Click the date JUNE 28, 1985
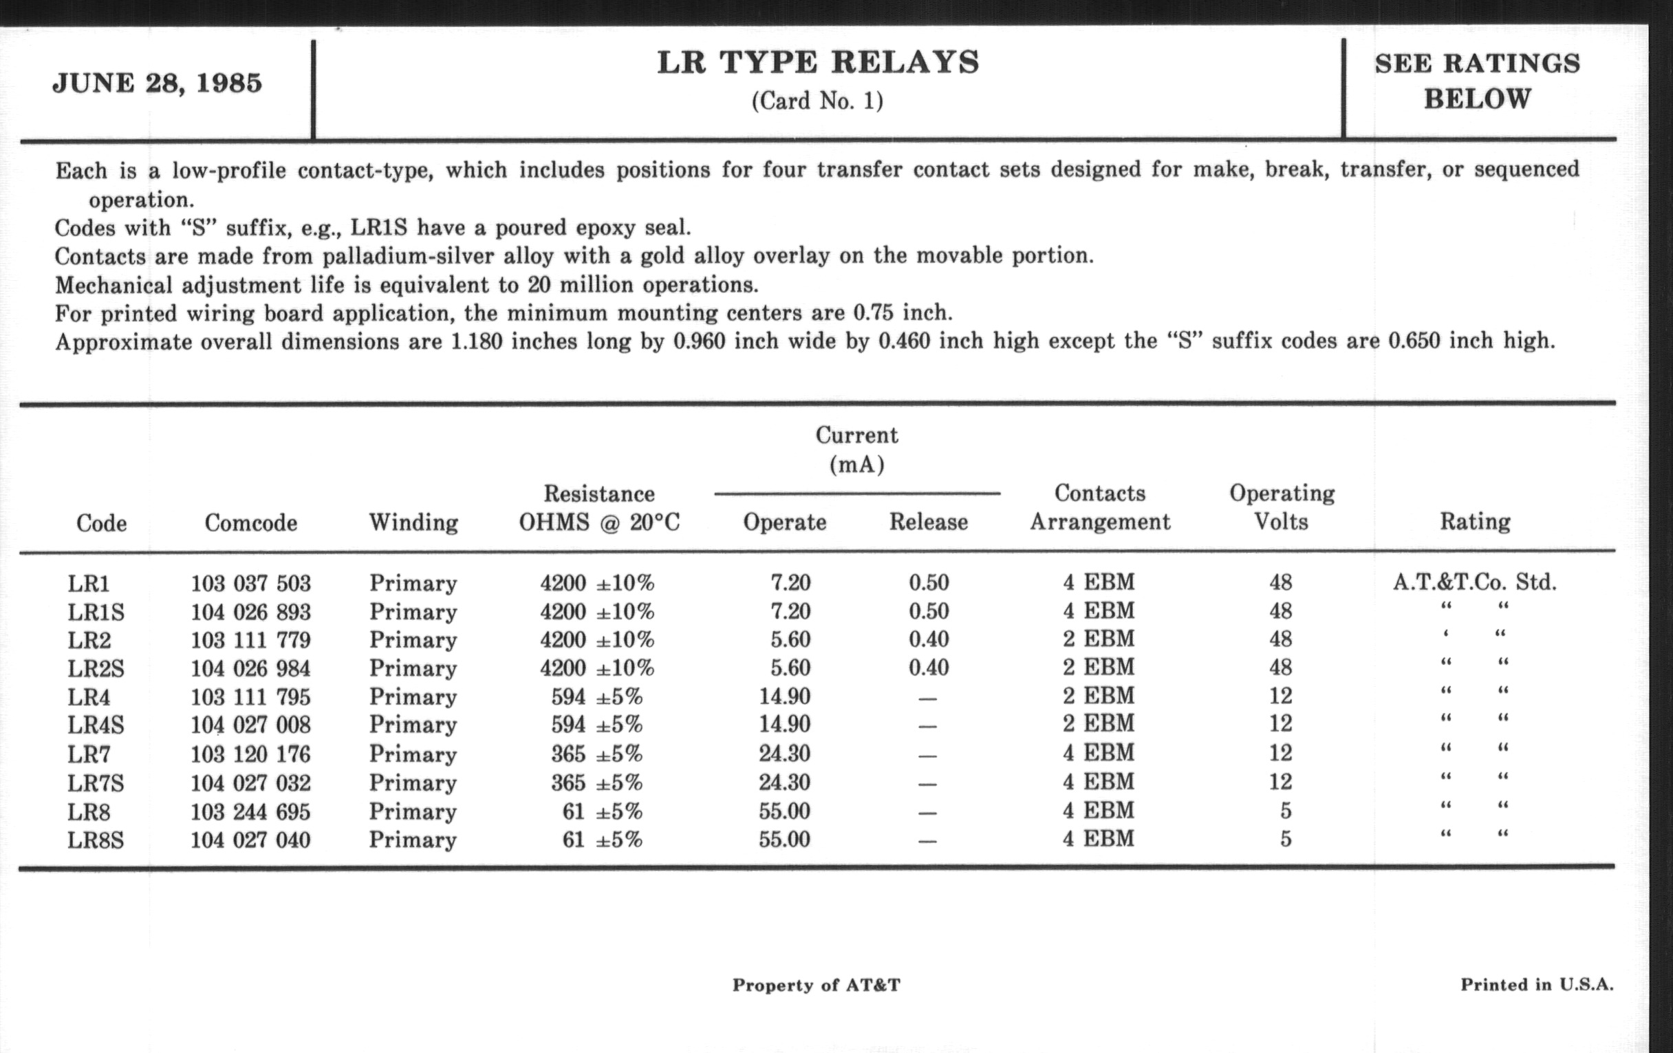click(x=157, y=83)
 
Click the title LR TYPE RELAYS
click(x=818, y=63)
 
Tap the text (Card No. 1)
click(x=817, y=101)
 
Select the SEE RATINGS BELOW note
click(x=1477, y=81)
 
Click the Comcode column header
click(x=251, y=522)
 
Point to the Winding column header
click(x=413, y=522)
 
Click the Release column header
click(x=928, y=522)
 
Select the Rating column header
click(x=1475, y=521)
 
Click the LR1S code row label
click(x=96, y=613)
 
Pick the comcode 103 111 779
click(x=251, y=640)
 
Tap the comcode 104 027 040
click(x=251, y=840)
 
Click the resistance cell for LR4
click(x=597, y=696)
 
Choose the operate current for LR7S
click(x=784, y=783)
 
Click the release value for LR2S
click(x=929, y=668)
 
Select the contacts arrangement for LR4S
click(x=1099, y=724)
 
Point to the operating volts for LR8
click(x=1285, y=811)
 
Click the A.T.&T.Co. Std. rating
click(x=1474, y=582)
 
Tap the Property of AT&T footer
click(x=817, y=985)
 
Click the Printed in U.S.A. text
click(x=1537, y=984)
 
